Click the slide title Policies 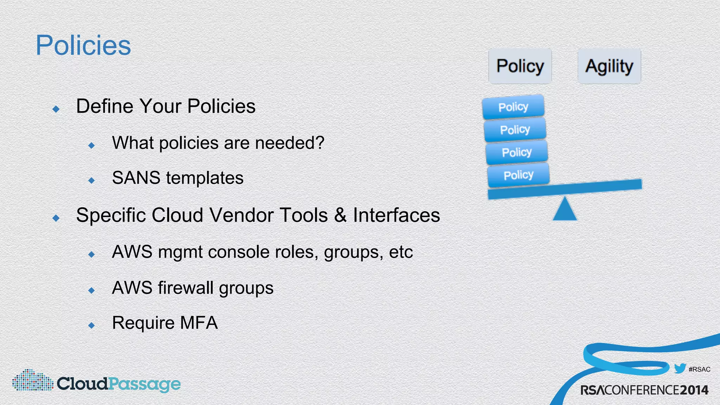click(x=83, y=45)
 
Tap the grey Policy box click(x=520, y=66)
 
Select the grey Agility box click(x=609, y=66)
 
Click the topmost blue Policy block click(x=513, y=107)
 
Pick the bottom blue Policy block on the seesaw click(x=518, y=175)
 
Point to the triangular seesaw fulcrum click(x=565, y=210)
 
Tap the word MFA click(x=199, y=323)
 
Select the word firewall click(x=186, y=288)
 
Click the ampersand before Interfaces click(x=340, y=215)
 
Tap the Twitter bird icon click(x=680, y=369)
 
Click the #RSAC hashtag click(x=699, y=369)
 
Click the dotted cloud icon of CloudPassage click(x=33, y=380)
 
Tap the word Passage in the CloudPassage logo click(x=144, y=384)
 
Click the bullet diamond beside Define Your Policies click(x=56, y=109)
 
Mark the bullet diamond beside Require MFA click(x=92, y=325)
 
